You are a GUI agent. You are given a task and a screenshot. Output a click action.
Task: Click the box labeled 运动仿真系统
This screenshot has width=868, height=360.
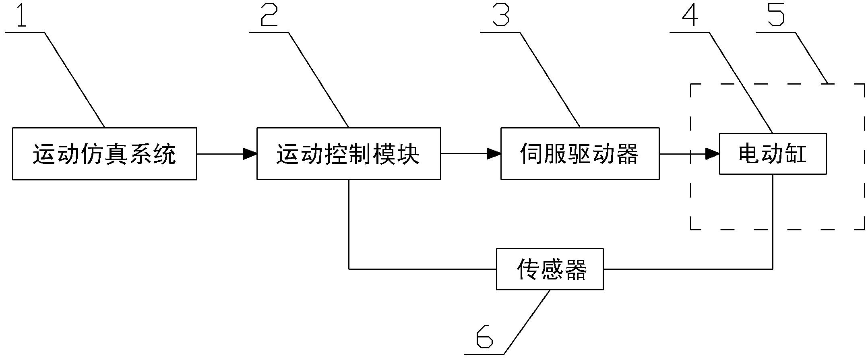click(x=104, y=154)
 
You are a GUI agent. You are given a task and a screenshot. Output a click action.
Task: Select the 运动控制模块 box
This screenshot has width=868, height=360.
click(x=349, y=154)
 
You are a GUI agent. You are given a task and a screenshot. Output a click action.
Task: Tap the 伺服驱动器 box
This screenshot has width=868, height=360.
click(x=580, y=154)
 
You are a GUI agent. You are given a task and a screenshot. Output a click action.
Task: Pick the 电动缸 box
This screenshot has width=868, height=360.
click(x=773, y=154)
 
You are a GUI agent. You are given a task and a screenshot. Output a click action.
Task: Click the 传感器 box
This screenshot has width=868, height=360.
click(x=550, y=269)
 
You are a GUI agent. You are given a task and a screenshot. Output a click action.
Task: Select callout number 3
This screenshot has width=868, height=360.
click(x=501, y=15)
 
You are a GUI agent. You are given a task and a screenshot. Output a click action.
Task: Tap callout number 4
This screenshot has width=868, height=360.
click(x=690, y=15)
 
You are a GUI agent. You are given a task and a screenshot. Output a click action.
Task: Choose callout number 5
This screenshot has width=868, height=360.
click(x=776, y=15)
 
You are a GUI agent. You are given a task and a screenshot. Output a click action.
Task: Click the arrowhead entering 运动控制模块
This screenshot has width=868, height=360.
click(x=250, y=154)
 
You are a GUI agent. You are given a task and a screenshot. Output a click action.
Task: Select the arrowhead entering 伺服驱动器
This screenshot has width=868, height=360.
click(x=494, y=154)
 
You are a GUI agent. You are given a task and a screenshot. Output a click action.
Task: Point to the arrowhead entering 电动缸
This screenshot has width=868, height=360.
click(x=713, y=154)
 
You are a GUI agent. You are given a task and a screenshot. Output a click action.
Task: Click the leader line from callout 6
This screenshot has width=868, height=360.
click(x=527, y=322)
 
